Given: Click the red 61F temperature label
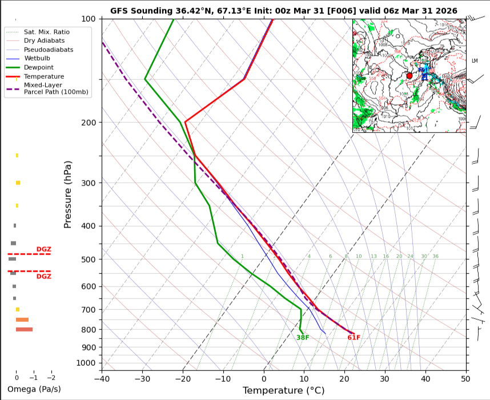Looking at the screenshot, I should tap(354, 337).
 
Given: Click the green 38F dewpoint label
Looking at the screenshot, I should tap(303, 337).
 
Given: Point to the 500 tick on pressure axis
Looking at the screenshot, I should tap(88, 260).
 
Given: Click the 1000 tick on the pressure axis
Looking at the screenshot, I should tap(86, 363).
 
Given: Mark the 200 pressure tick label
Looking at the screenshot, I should tap(88, 123).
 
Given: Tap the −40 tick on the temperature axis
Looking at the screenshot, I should tap(102, 378).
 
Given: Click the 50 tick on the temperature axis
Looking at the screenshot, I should tap(465, 378).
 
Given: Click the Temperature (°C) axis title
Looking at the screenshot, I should tap(283, 390).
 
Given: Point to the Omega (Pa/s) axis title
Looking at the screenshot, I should tap(34, 389).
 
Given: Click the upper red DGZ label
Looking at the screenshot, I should tap(43, 249).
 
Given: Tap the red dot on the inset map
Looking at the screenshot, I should tap(409, 75).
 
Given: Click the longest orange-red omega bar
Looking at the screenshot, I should tap(24, 329).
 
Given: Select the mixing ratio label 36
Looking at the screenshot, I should tap(435, 257).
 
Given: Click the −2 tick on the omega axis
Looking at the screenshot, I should tap(51, 378).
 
